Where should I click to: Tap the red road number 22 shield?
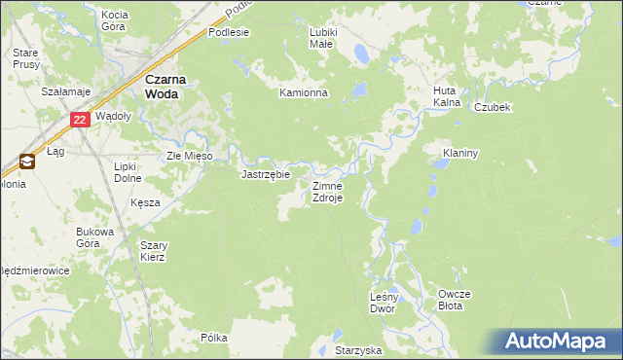click(81, 119)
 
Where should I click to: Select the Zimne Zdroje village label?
click(326, 191)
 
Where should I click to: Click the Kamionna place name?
click(304, 93)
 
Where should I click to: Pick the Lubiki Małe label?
click(322, 38)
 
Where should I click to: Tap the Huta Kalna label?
click(447, 97)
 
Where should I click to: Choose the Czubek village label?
click(493, 107)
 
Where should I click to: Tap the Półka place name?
click(213, 338)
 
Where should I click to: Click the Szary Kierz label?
click(153, 251)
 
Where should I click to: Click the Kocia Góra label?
click(115, 21)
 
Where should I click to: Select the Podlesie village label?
click(229, 32)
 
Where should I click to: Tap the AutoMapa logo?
click(558, 342)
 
